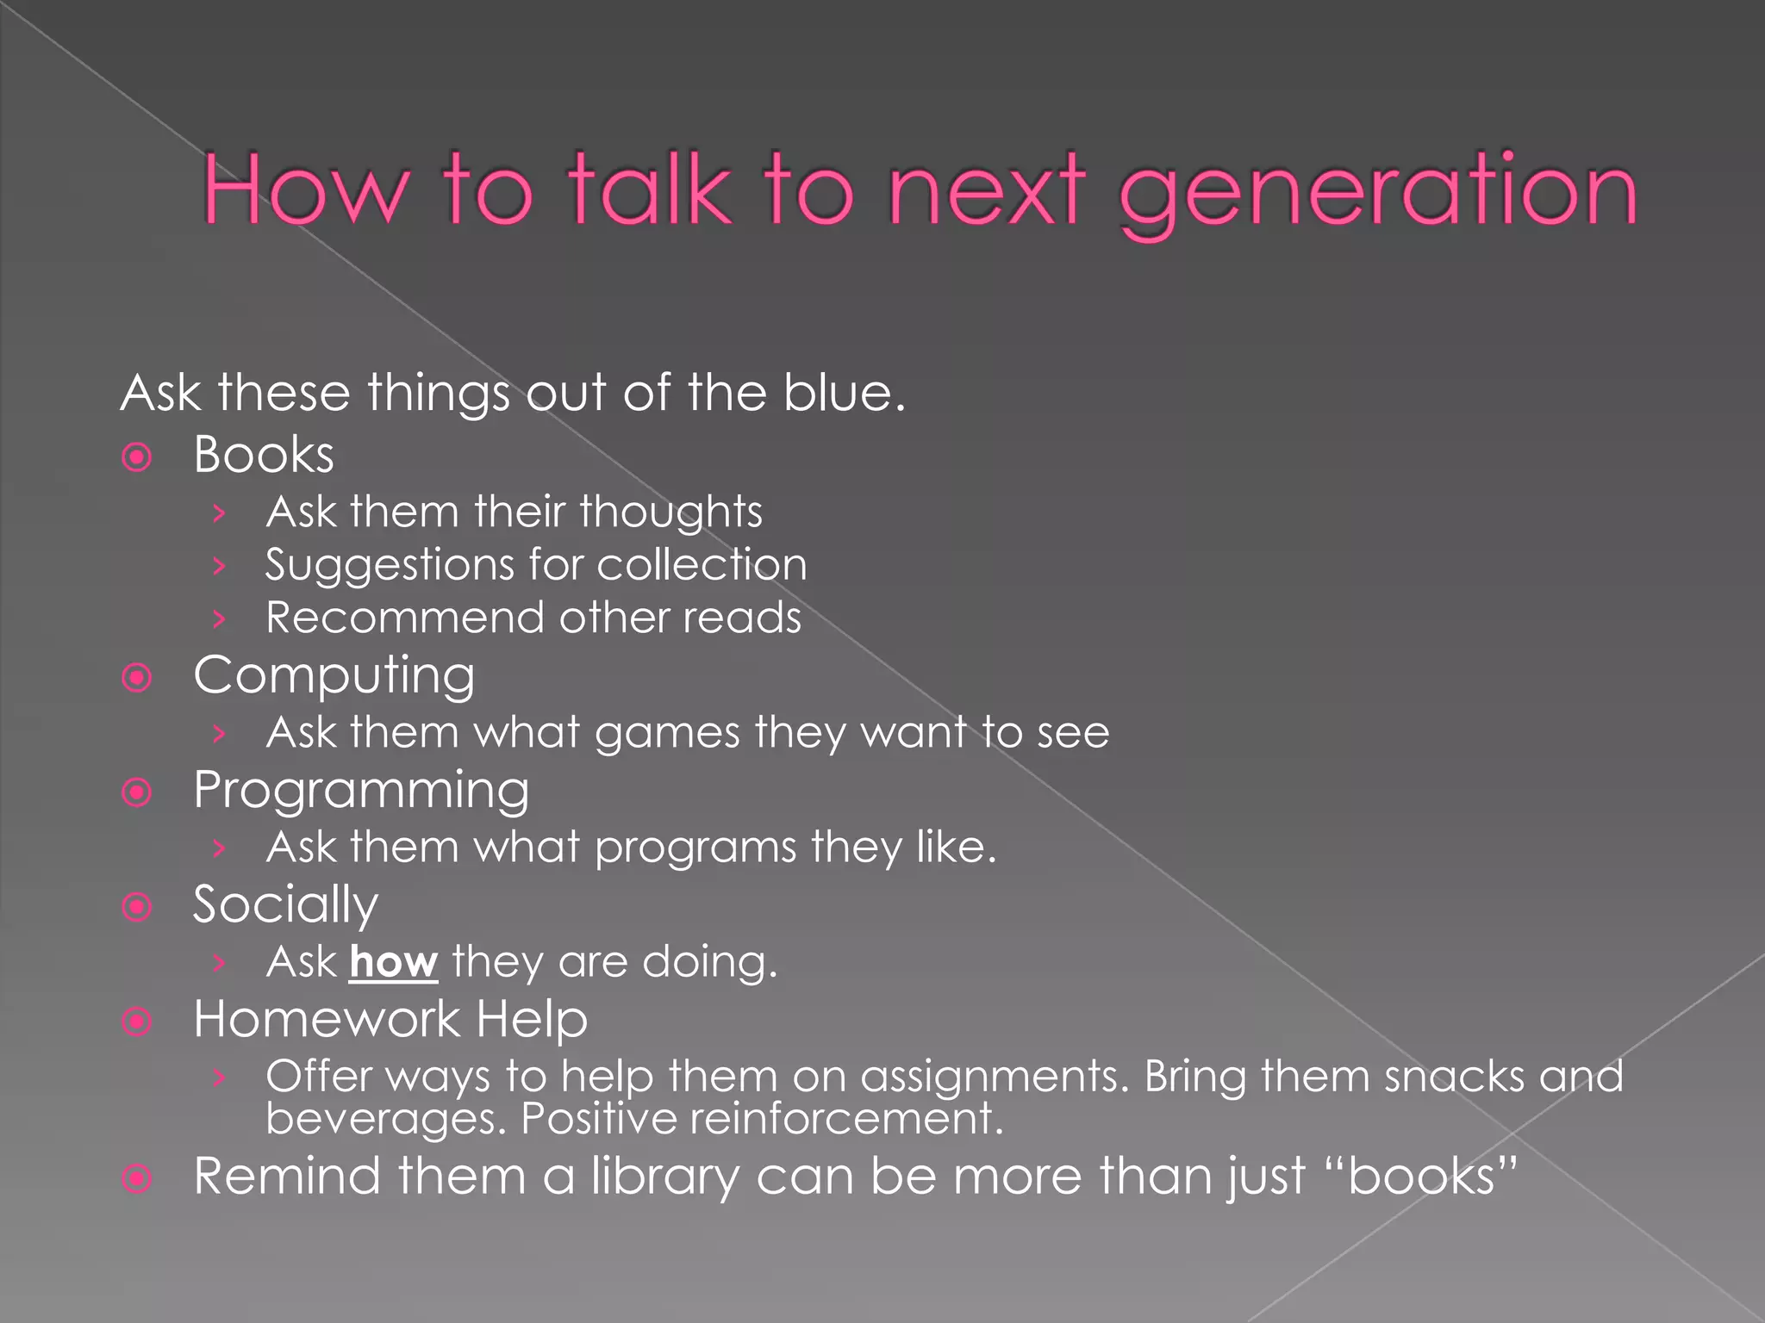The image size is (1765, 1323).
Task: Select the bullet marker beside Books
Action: click(137, 457)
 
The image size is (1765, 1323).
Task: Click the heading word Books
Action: click(264, 455)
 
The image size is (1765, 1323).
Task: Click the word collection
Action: click(702, 565)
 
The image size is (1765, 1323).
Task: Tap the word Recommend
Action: click(405, 618)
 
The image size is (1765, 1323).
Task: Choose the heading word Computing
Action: click(334, 675)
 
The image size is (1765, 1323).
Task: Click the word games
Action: click(667, 733)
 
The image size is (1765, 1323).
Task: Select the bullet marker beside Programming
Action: click(137, 792)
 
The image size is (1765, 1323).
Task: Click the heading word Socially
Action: click(285, 905)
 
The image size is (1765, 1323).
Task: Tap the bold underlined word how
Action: click(394, 962)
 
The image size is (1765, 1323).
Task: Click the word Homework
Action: click(327, 1020)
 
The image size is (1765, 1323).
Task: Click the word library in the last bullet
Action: click(664, 1177)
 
